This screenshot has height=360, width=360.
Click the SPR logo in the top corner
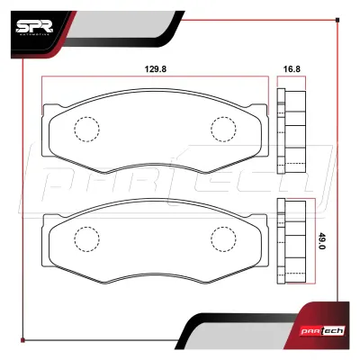34,28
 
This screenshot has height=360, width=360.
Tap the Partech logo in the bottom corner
323,331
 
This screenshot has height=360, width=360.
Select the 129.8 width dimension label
156,69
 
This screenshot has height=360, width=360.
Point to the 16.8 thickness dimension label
292,69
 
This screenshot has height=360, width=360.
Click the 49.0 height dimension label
322,241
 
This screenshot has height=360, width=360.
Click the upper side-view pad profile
291,131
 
